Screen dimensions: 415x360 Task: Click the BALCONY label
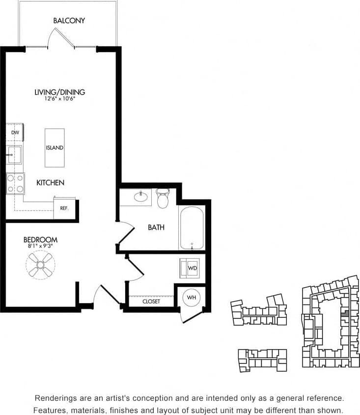[x=69, y=21]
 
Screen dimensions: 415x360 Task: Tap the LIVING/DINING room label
[x=59, y=92]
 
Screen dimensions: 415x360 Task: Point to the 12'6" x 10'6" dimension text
[x=59, y=99]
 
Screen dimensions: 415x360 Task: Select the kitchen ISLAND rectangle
[x=55, y=148]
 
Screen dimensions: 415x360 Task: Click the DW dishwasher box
[x=15, y=133]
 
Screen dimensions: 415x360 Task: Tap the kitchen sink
[x=13, y=155]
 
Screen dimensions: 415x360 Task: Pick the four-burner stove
[x=15, y=183]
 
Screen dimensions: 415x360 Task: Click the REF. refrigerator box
[x=64, y=208]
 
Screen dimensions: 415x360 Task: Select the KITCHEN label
[x=50, y=183]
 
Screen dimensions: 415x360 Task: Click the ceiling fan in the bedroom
[x=40, y=265]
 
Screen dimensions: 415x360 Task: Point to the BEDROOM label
[x=40, y=240]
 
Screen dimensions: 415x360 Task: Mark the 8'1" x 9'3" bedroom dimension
[x=40, y=247]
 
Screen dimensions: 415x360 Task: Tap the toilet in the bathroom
[x=163, y=198]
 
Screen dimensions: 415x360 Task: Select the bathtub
[x=192, y=228]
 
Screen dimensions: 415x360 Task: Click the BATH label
[x=156, y=227]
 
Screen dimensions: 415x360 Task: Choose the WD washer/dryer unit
[x=190, y=268]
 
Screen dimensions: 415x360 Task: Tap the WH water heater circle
[x=191, y=298]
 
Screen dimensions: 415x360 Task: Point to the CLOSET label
[x=151, y=301]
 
